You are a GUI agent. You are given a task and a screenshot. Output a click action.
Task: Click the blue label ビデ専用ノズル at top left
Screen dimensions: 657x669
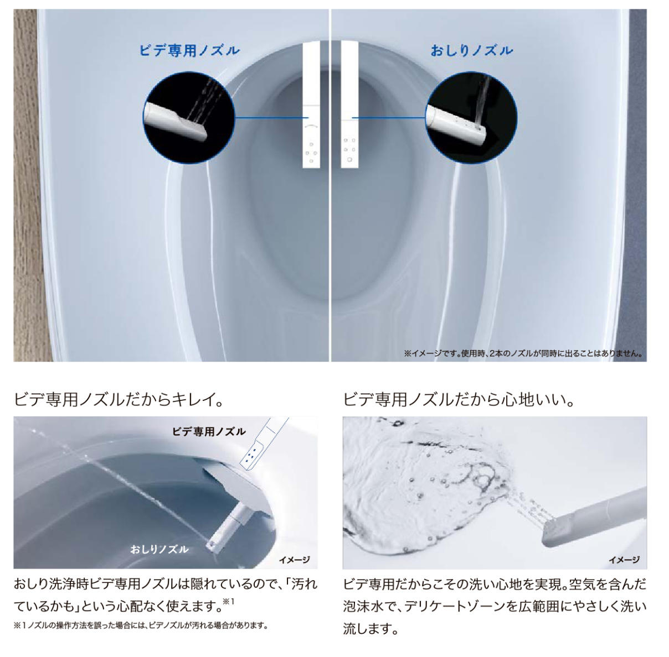pos(189,50)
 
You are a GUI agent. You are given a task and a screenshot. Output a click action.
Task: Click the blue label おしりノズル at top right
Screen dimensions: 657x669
pos(472,50)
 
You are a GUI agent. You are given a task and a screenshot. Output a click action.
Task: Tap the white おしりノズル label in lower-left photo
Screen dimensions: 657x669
pos(159,549)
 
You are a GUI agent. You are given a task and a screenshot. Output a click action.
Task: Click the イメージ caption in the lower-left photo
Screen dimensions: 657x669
pos(294,560)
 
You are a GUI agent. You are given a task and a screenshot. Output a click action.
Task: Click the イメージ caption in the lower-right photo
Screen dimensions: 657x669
pos(624,560)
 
